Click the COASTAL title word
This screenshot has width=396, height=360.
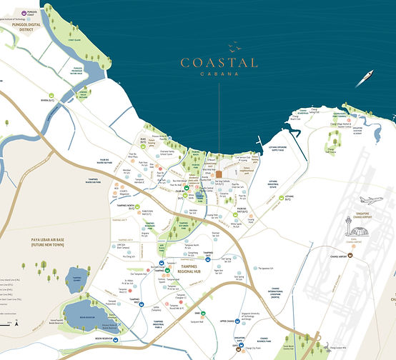pos(219,63)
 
